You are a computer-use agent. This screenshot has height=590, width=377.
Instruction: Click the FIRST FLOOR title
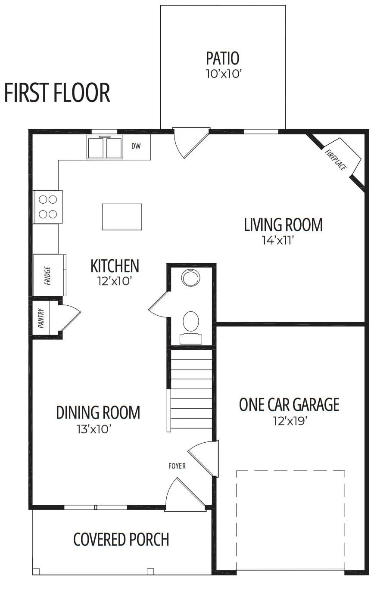pyautogui.click(x=57, y=92)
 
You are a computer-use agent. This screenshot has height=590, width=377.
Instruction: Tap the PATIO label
pyautogui.click(x=223, y=58)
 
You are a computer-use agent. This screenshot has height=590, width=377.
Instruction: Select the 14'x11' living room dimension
pyautogui.click(x=277, y=240)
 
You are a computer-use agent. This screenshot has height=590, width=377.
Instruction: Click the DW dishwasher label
pyautogui.click(x=136, y=146)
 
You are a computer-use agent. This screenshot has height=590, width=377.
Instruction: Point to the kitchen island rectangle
pyautogui.click(x=122, y=217)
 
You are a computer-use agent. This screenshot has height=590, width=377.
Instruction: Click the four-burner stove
pyautogui.click(x=48, y=207)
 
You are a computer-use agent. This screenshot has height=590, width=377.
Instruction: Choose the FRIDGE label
pyautogui.click(x=48, y=276)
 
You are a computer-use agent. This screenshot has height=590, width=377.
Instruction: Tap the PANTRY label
pyautogui.click(x=41, y=318)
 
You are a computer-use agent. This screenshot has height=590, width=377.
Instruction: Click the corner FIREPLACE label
pyautogui.click(x=335, y=160)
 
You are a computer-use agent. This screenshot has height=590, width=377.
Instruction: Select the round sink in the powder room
pyautogui.click(x=191, y=278)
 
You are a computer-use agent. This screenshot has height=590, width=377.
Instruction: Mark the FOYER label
pyautogui.click(x=177, y=466)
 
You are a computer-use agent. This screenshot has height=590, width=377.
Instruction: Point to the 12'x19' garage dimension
pyautogui.click(x=290, y=421)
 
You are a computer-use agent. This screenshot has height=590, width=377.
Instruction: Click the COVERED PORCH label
pyautogui.click(x=121, y=539)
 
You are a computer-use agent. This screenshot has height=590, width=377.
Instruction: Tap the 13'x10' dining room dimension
pyautogui.click(x=93, y=429)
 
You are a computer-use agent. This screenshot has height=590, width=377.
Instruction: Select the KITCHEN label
pyautogui.click(x=115, y=266)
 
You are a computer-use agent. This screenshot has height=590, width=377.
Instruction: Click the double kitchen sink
pyautogui.click(x=105, y=147)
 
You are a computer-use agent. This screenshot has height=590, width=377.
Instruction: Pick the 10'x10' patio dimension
pyautogui.click(x=224, y=74)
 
